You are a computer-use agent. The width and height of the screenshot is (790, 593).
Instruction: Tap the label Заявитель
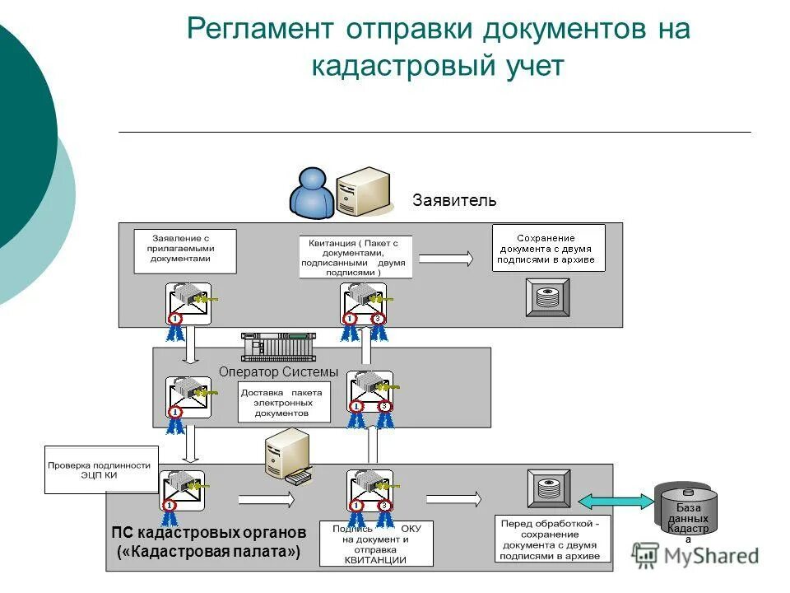coord(454,200)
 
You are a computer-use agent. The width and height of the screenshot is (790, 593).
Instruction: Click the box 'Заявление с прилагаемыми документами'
coord(185,251)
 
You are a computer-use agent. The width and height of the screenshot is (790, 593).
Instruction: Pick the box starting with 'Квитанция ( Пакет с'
coord(355,257)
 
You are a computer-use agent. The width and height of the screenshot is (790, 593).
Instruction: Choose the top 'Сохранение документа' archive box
coord(548,248)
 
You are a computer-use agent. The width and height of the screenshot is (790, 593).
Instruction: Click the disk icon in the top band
coord(547,297)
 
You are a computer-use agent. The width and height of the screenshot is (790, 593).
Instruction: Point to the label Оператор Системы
coord(278,371)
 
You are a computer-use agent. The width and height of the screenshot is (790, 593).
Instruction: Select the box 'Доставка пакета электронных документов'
coord(283,403)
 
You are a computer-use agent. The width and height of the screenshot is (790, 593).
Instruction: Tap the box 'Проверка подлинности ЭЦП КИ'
coord(99,469)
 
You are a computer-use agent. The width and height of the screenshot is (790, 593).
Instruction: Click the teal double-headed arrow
coord(615,501)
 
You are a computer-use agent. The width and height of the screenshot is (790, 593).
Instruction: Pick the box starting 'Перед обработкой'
coord(553,539)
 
